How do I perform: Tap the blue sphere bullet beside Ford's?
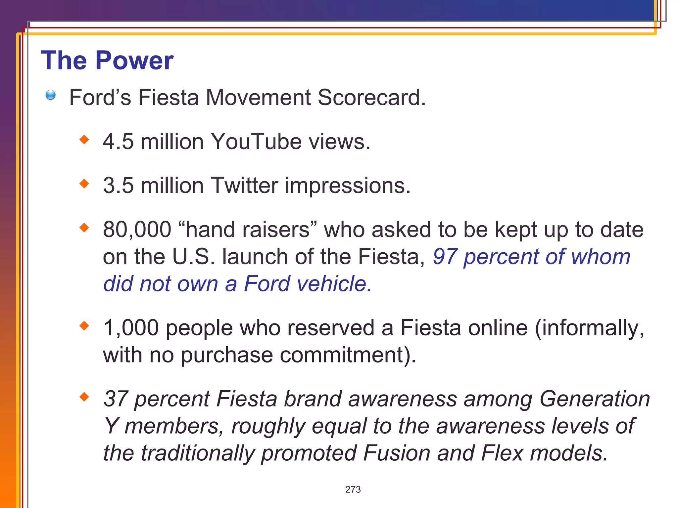click(51, 95)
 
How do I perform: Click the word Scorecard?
click(371, 98)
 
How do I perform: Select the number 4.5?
click(118, 142)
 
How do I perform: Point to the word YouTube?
click(256, 142)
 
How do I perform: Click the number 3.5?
click(118, 185)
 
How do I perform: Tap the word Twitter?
click(244, 185)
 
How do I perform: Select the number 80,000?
click(137, 230)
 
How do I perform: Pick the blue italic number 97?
click(445, 257)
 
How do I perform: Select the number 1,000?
click(131, 328)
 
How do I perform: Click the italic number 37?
click(116, 399)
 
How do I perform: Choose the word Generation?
click(595, 399)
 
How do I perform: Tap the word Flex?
click(502, 453)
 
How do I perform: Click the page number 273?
click(353, 489)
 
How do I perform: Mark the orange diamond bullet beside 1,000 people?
click(84, 326)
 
